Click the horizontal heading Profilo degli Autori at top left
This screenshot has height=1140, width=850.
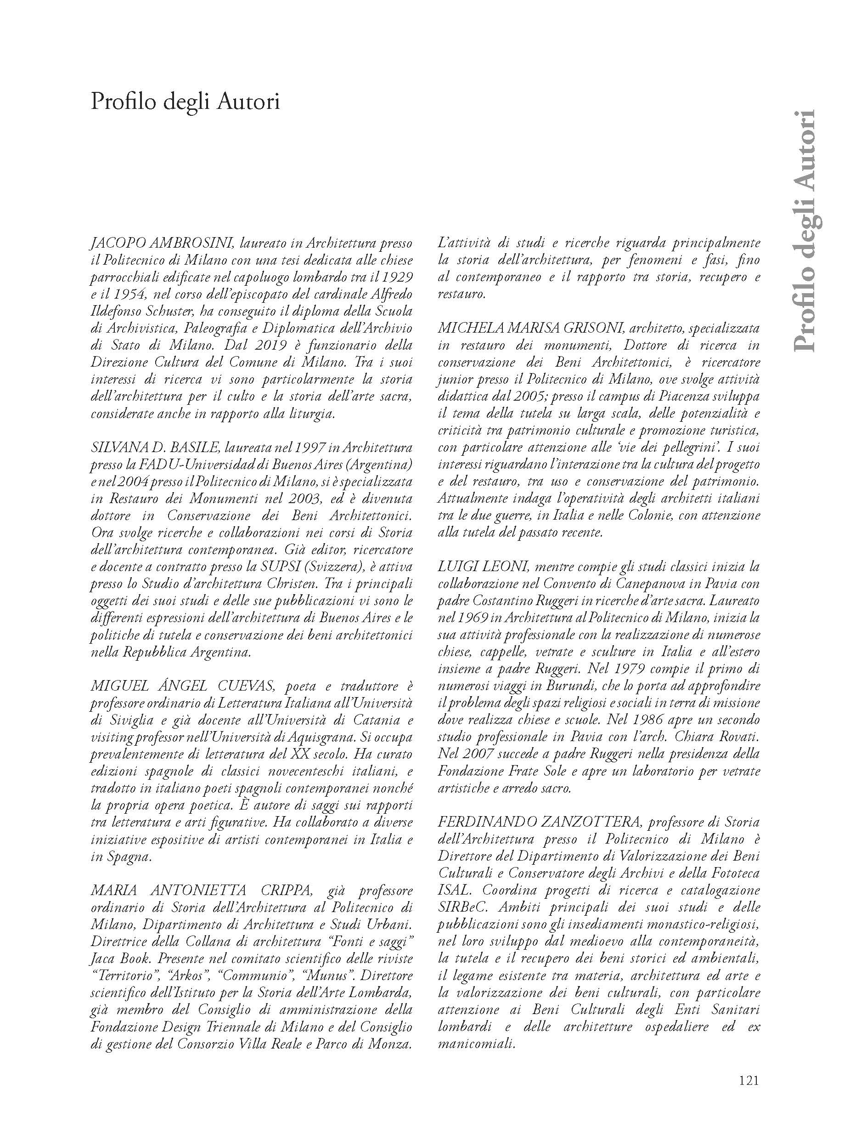tap(185, 102)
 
